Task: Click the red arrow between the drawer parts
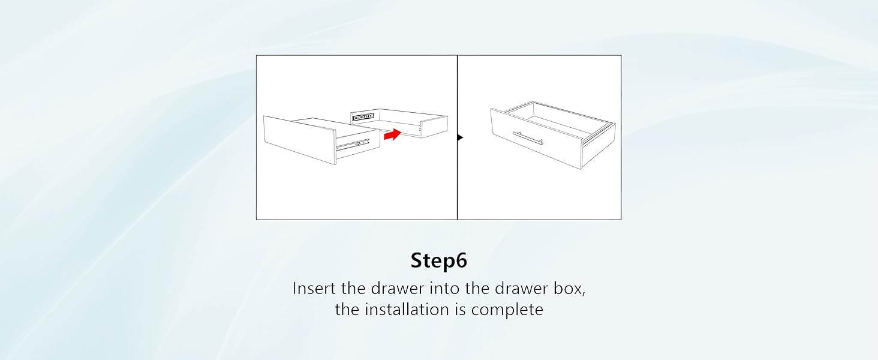point(392,135)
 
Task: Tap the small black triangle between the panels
point(460,137)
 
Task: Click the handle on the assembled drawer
point(528,137)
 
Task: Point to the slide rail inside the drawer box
point(363,116)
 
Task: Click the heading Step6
point(438,260)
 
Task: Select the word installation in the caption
point(419,310)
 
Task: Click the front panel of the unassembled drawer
point(298,139)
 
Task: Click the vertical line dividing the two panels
point(457,180)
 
